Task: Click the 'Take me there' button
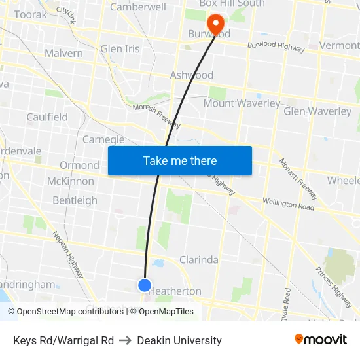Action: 179,160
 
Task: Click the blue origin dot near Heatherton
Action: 145,285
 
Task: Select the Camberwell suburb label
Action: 137,7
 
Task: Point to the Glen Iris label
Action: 120,49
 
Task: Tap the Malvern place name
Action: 63,53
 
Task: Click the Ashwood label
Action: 192,75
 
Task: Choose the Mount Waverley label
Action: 242,103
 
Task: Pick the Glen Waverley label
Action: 317,111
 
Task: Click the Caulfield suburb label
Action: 47,117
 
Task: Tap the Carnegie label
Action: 103,139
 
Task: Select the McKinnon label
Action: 71,181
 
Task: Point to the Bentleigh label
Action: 75,200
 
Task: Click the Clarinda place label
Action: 199,260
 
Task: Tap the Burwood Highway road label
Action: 276,47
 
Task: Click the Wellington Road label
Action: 289,205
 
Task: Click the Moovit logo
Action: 321,340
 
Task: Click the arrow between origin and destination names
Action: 125,340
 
